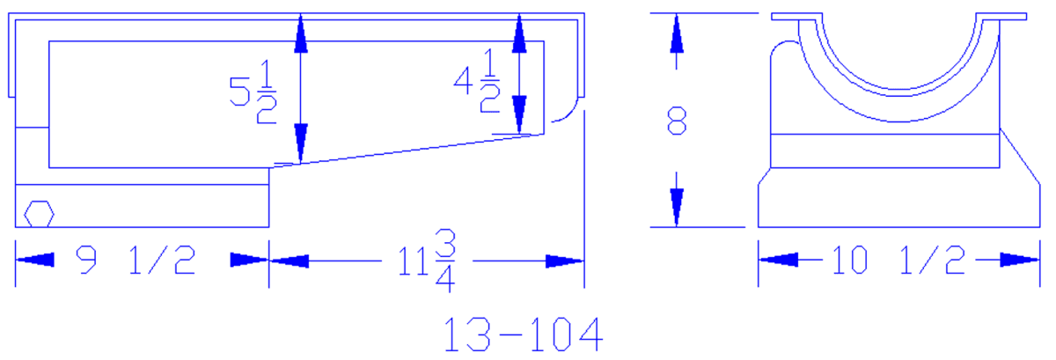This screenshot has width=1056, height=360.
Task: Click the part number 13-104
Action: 524,334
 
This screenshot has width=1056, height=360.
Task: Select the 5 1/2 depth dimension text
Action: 253,92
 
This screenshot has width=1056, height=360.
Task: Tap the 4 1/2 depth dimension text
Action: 477,80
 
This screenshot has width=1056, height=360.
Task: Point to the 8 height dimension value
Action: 677,121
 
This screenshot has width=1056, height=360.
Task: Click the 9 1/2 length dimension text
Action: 136,260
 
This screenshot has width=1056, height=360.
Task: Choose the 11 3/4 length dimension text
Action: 427,261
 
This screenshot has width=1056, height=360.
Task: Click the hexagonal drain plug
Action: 39,214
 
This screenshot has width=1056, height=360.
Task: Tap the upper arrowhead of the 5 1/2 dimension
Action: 301,33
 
